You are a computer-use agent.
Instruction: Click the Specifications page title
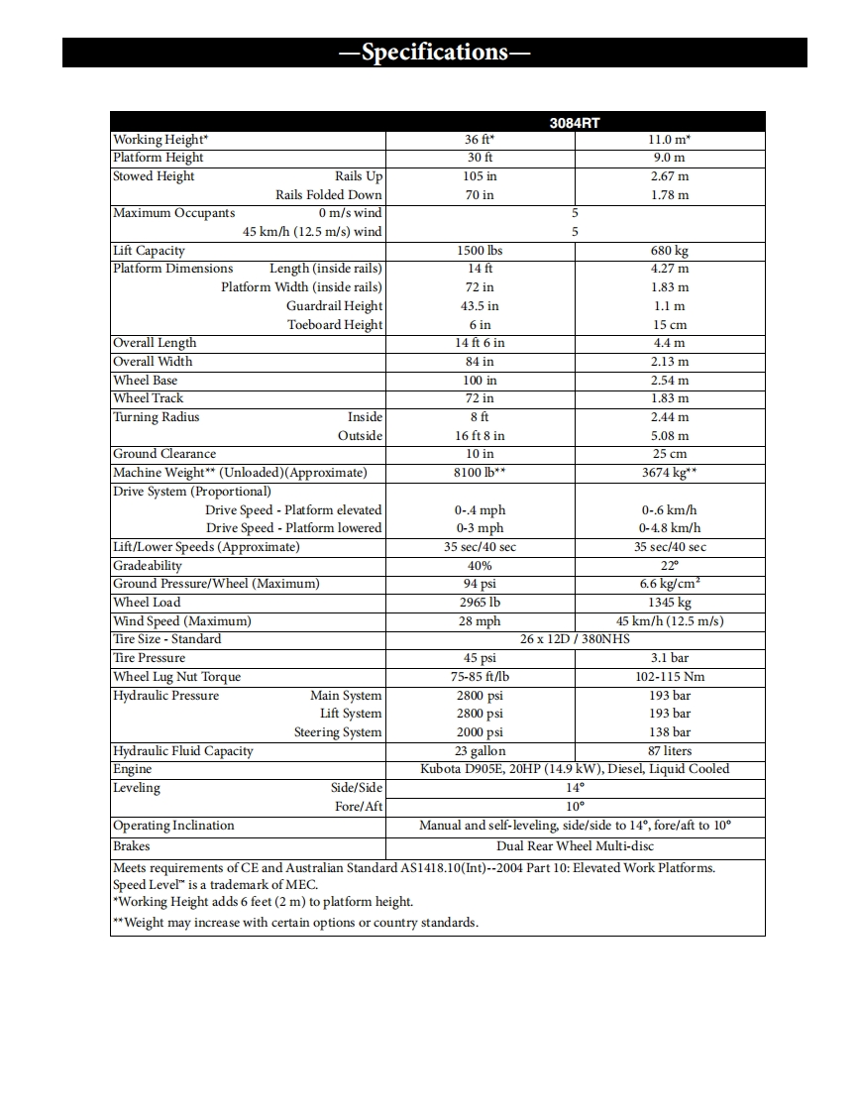(x=434, y=53)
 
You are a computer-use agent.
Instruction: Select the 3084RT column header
(x=575, y=123)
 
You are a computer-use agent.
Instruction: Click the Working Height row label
(x=161, y=140)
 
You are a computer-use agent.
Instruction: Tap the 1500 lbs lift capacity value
(x=480, y=251)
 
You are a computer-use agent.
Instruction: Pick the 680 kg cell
(x=669, y=251)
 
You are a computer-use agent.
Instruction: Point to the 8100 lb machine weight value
(x=480, y=473)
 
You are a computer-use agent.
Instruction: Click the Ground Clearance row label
(x=164, y=454)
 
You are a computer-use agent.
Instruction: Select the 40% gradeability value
(x=480, y=566)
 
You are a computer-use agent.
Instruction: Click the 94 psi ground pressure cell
(x=480, y=584)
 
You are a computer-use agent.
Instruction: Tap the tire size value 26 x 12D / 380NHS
(x=575, y=639)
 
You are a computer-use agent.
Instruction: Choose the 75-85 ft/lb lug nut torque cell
(x=480, y=677)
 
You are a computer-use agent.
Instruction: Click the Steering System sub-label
(x=337, y=732)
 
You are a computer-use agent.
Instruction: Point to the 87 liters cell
(x=669, y=751)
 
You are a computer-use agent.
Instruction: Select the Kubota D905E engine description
(x=575, y=769)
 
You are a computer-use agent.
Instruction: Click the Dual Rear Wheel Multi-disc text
(x=575, y=846)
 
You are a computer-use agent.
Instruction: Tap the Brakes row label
(x=132, y=846)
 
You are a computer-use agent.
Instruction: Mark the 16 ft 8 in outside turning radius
(x=480, y=436)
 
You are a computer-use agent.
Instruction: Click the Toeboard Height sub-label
(x=334, y=325)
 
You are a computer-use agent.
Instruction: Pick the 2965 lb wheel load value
(x=480, y=603)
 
